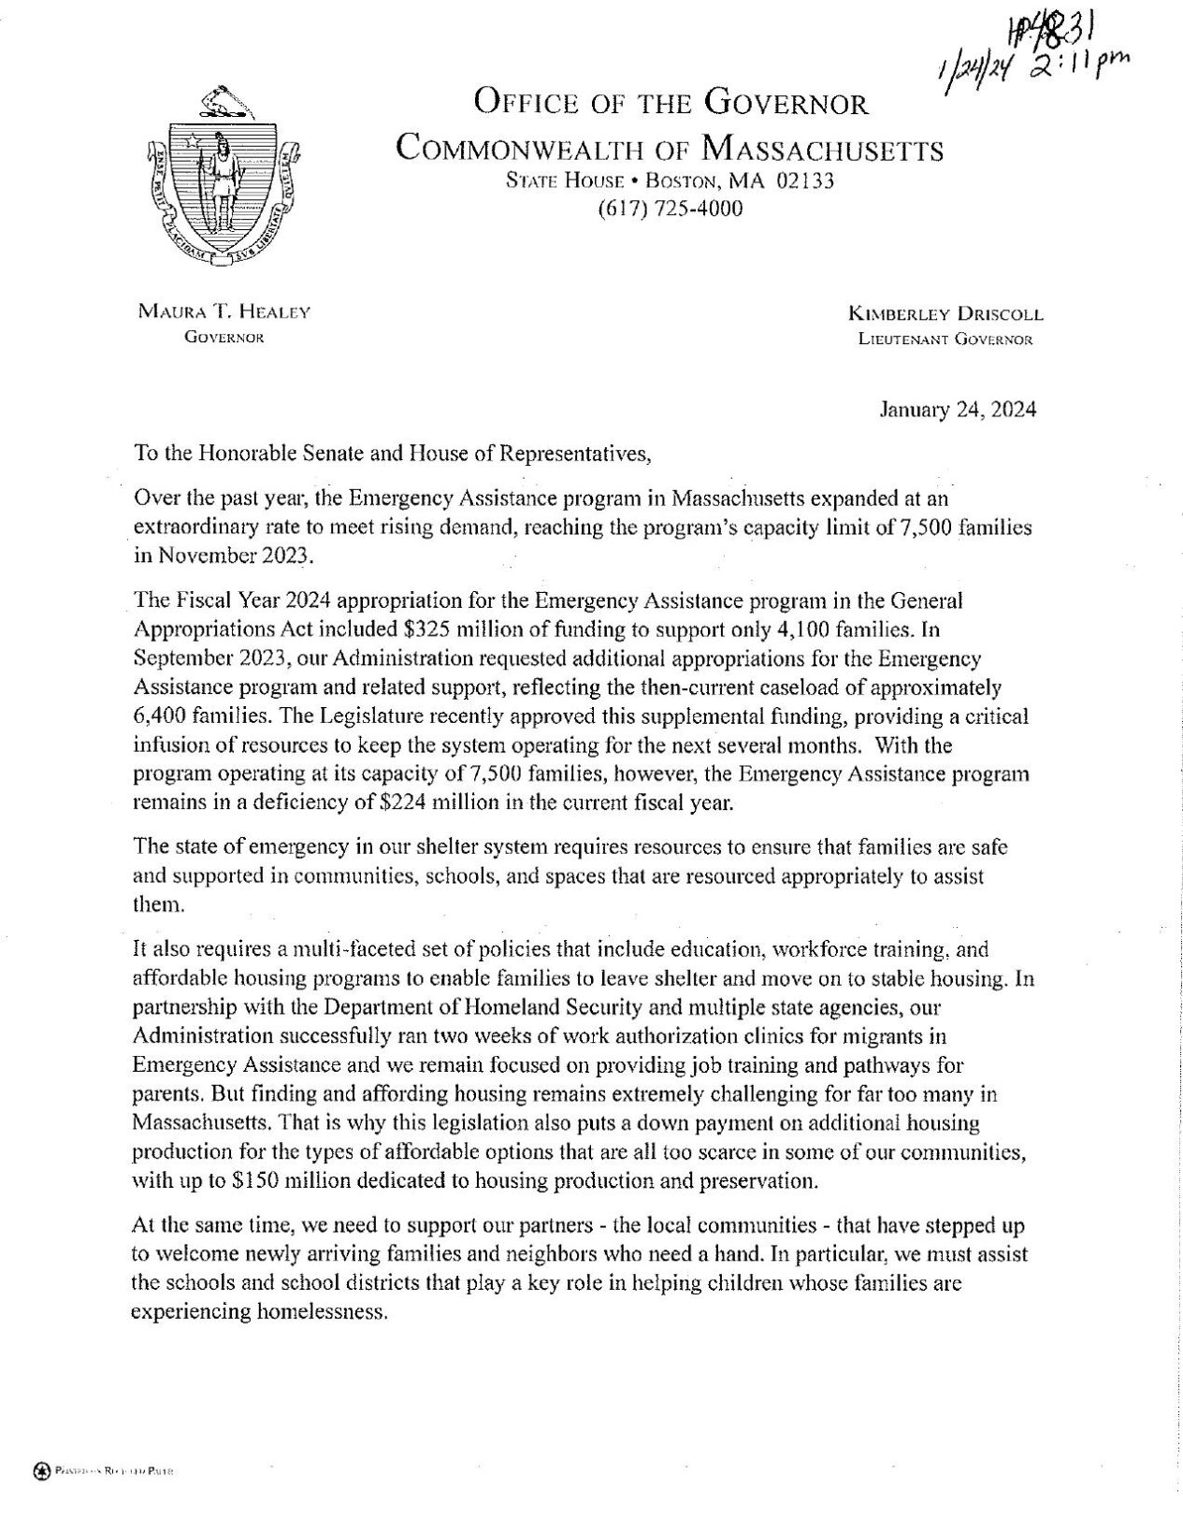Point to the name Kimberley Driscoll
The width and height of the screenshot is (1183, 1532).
tap(945, 315)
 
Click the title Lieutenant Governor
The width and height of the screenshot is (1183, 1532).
tap(945, 340)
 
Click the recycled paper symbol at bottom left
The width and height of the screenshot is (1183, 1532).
tap(41, 1471)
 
